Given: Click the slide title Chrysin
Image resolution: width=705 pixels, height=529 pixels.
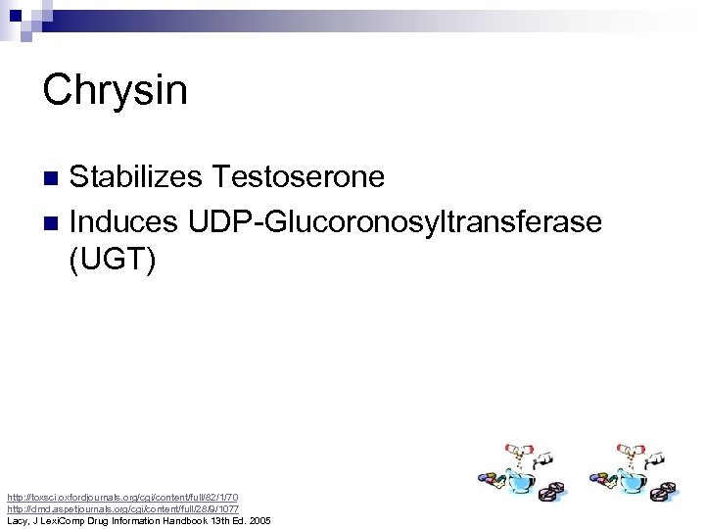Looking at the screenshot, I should [115, 91].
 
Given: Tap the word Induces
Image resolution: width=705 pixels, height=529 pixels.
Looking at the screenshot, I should [123, 221].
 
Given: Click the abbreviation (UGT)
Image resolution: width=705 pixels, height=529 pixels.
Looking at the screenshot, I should [112, 264].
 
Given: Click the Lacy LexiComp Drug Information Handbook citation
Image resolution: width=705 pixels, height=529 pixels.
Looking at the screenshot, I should [138, 521].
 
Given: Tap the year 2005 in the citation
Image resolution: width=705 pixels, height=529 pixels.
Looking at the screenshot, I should [260, 521].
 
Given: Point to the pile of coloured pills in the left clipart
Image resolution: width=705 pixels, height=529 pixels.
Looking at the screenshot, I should [492, 478].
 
